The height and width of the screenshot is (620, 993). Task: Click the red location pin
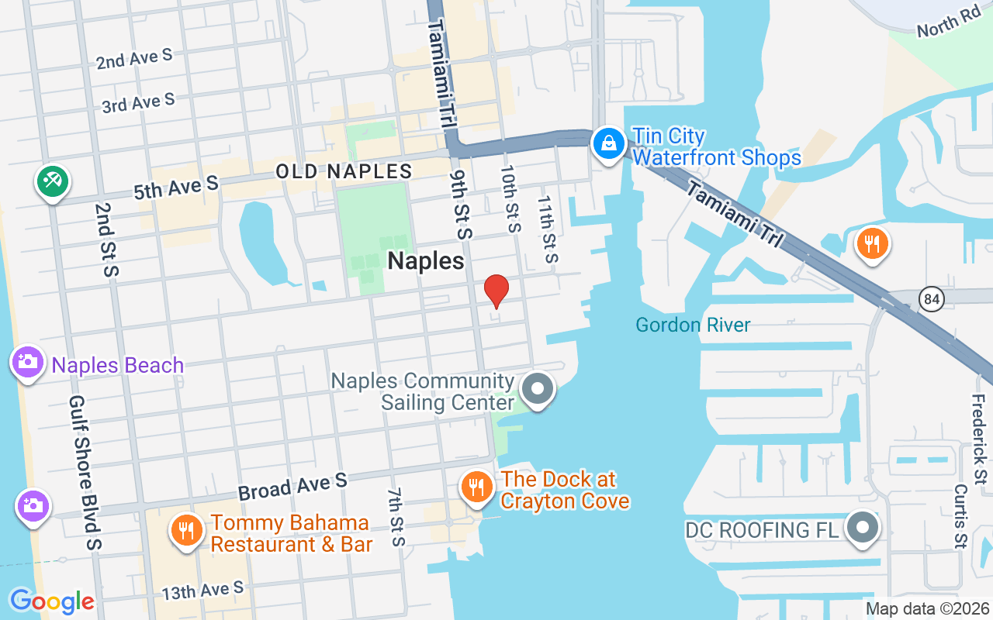496,291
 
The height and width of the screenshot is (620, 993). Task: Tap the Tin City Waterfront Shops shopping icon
610,143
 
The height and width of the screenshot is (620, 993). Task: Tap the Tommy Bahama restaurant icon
185,531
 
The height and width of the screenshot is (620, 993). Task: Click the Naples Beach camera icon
28,362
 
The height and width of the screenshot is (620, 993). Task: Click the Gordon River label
693,324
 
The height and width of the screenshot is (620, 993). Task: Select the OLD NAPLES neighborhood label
344,171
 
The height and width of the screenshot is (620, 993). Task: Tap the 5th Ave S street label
176,188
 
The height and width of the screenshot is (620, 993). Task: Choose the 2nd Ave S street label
134,59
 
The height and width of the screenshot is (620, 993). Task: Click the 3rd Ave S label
138,102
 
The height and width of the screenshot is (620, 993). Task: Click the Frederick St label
979,429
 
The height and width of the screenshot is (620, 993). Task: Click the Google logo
52,601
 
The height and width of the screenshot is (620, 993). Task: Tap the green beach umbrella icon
53,182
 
